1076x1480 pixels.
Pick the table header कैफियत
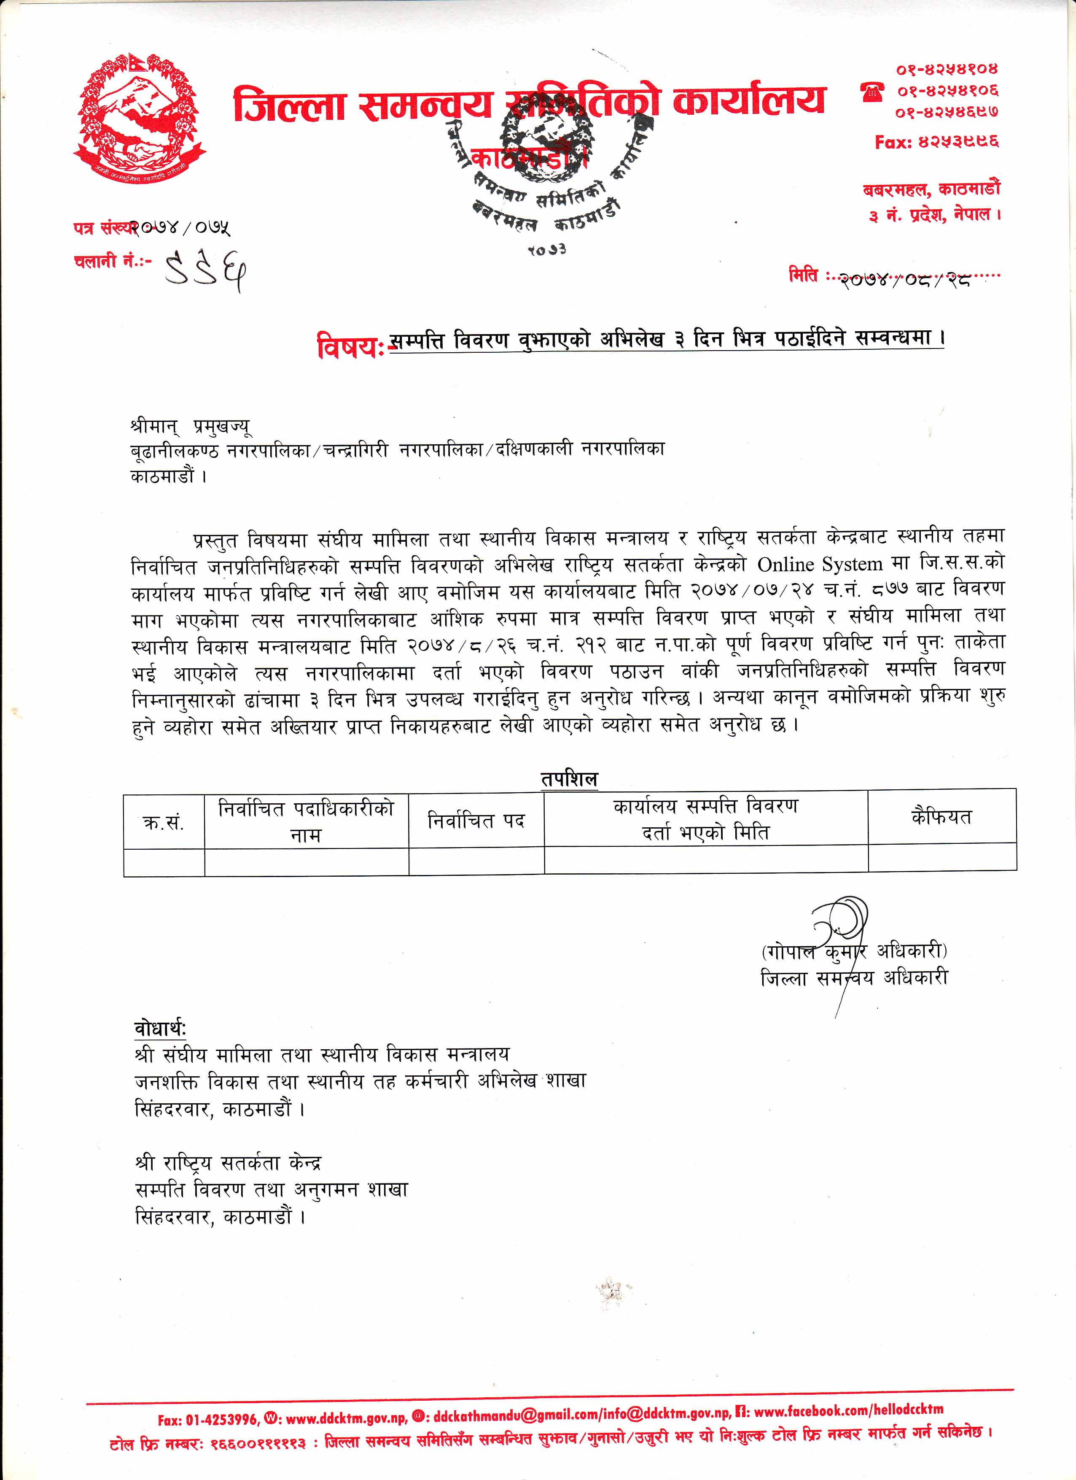pos(941,816)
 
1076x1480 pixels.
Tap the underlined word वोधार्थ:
pos(160,1029)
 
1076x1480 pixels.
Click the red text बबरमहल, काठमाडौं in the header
pos(931,190)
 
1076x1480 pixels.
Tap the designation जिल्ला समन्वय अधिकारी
pos(854,978)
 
